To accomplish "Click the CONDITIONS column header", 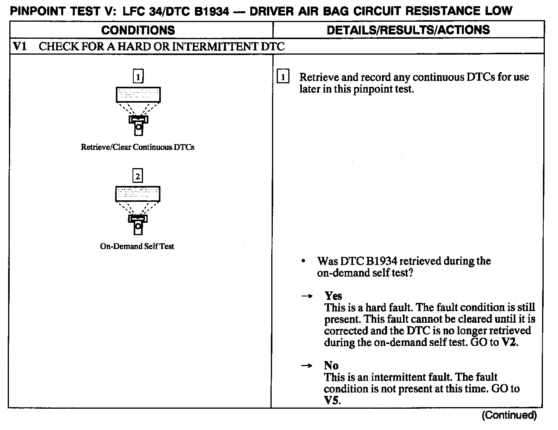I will point(138,30).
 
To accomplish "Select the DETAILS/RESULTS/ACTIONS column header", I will point(408,30).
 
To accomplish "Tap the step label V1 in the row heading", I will point(20,46).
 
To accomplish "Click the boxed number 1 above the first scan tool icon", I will point(138,76).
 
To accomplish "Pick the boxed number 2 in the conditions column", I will point(138,176).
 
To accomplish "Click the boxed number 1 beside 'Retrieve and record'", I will point(283,77).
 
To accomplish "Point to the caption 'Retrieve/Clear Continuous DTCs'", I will point(138,147).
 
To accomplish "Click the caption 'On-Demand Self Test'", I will point(137,246).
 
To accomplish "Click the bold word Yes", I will point(333,296).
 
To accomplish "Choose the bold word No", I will point(331,365).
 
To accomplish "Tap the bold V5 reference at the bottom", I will point(332,400).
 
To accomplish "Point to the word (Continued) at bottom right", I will point(509,416).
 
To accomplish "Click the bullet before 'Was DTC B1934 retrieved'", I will point(303,261).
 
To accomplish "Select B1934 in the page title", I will point(212,11).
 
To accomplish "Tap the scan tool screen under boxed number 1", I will point(138,95).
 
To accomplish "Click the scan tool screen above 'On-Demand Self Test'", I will point(138,194).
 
